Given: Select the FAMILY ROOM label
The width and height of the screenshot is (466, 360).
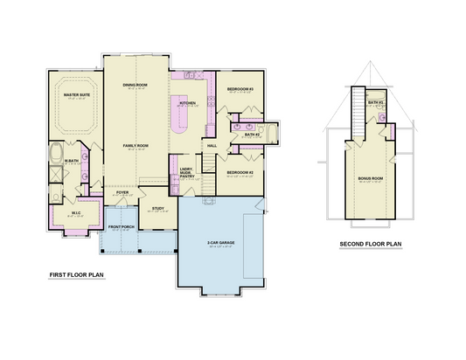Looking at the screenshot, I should (x=134, y=145).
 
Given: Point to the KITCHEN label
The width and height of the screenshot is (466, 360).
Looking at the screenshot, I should (x=188, y=103).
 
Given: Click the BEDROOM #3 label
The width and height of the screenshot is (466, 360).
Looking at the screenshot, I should (x=240, y=90).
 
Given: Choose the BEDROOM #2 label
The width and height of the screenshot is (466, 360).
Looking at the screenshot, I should (x=240, y=172).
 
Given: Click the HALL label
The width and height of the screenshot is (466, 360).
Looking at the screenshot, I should (x=212, y=145).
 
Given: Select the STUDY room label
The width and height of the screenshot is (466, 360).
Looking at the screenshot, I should (x=157, y=208).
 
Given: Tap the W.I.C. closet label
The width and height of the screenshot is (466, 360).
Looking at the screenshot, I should (x=75, y=212).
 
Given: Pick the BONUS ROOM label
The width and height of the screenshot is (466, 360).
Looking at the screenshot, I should (x=371, y=179).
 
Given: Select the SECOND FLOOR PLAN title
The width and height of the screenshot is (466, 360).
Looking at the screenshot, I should (x=370, y=244).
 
